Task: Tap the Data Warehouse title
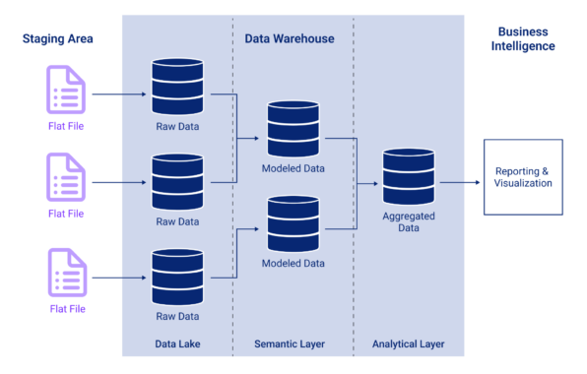pos(290,38)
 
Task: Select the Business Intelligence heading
pos(526,38)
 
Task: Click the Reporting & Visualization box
pos(523,176)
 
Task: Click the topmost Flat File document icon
pos(66,89)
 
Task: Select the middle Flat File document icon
pos(66,177)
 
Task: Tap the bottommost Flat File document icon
pos(66,273)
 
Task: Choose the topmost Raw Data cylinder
pos(177,89)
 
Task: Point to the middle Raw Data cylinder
pos(177,180)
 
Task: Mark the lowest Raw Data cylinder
pos(177,277)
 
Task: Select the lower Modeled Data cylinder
pos(293,224)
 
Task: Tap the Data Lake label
pos(178,343)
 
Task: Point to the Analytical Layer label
pos(408,343)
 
